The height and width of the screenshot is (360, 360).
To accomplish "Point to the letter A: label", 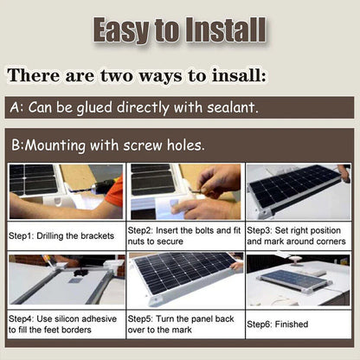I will pyautogui.click(x=16, y=110).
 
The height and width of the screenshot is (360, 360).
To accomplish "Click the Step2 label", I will pyautogui.click(x=143, y=231).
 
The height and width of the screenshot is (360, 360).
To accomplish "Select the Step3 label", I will pyautogui.click(x=262, y=231).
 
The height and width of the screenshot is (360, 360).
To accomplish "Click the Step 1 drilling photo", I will pyautogui.click(x=65, y=191).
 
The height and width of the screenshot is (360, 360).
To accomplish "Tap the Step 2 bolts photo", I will pyautogui.click(x=184, y=191).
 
